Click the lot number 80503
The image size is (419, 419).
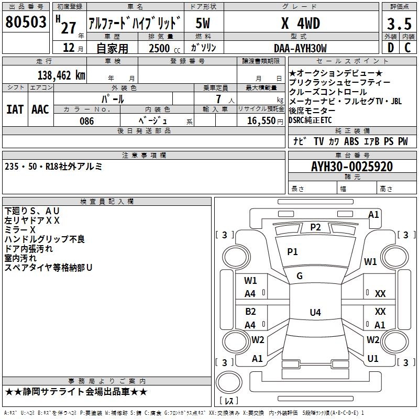(26, 21)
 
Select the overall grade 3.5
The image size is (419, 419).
(399, 24)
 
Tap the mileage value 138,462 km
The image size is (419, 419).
(61, 75)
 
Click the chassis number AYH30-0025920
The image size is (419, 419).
(352, 167)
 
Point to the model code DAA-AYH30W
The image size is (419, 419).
(300, 48)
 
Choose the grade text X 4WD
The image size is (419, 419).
(301, 23)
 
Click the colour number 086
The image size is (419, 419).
(86, 121)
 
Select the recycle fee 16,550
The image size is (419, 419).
(261, 121)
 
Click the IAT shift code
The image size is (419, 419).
(15, 109)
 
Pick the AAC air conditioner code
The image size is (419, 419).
(40, 109)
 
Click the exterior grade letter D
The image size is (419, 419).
(391, 48)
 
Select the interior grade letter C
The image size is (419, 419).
(407, 48)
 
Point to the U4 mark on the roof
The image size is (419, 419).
(315, 312)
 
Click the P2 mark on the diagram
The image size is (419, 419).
(315, 227)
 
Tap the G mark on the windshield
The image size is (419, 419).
(300, 276)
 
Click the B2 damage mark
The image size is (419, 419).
(250, 312)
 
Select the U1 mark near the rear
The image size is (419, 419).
(373, 359)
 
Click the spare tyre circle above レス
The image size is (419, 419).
(229, 382)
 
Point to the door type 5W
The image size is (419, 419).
(203, 23)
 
